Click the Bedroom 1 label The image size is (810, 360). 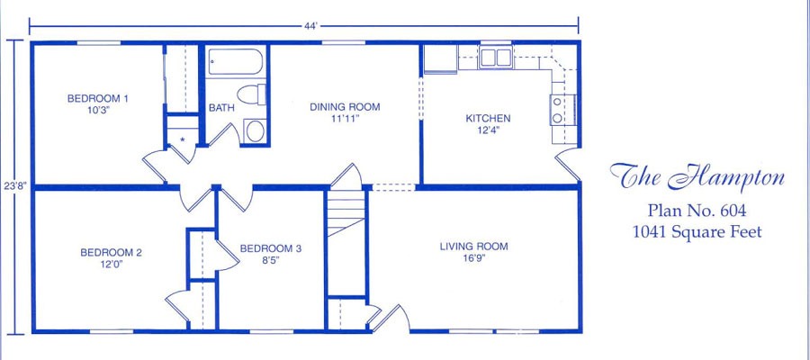97,98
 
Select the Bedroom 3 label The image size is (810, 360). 270,248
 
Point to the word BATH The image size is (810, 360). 221,109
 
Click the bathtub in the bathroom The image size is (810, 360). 236,62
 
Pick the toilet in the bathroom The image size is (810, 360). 252,94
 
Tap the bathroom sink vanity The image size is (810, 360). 255,130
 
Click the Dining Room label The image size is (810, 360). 345,107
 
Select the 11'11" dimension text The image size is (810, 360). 345,119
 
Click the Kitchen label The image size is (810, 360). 488,118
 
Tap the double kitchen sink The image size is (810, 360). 495,57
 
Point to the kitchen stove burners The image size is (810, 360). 558,110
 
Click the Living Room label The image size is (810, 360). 473,247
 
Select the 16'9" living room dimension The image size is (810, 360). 473,258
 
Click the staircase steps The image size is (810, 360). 346,212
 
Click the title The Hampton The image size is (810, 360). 697,177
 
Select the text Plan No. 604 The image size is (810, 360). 697,211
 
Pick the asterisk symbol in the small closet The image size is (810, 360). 183,139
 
